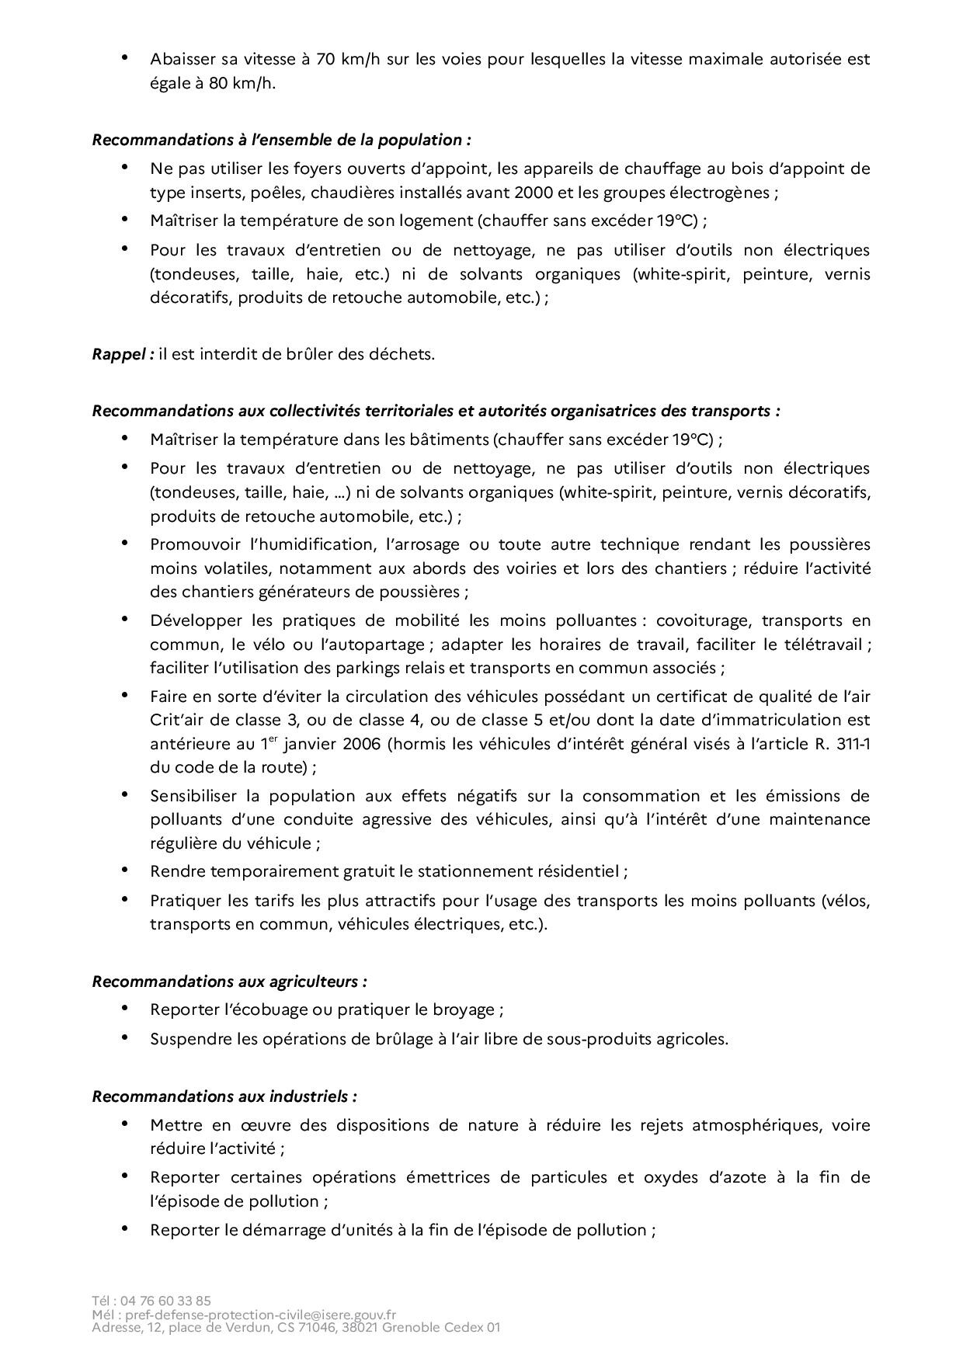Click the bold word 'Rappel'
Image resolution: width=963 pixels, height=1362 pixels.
120,354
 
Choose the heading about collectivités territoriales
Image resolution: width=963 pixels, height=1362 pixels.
436,410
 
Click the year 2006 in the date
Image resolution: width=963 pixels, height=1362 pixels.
360,743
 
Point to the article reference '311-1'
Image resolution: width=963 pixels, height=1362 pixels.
853,743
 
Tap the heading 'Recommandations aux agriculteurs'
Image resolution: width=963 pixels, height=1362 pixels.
229,981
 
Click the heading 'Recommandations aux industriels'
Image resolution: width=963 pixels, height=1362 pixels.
224,1096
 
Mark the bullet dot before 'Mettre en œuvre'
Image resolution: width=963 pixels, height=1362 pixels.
125,1124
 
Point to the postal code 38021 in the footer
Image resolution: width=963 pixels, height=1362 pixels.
356,1328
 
